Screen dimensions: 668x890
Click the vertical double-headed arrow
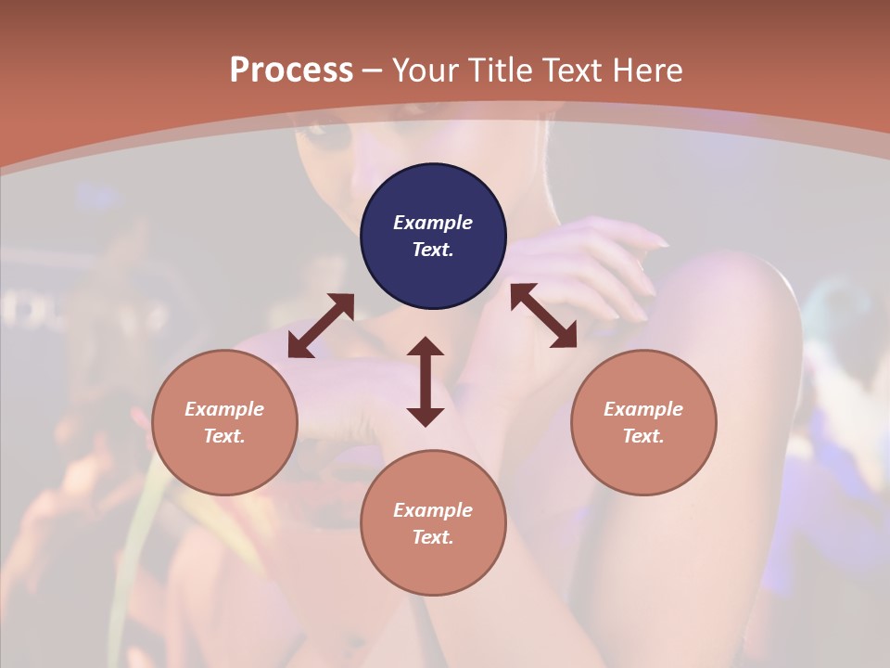click(x=426, y=381)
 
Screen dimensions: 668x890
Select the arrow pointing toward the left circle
click(x=321, y=326)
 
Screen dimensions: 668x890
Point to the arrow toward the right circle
click(x=543, y=316)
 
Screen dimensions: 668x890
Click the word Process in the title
click(x=291, y=71)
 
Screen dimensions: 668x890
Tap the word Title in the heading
click(x=499, y=71)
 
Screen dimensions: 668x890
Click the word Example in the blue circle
click(x=433, y=223)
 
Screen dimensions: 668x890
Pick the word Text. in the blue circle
click(x=433, y=250)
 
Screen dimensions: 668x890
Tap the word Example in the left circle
click(x=224, y=409)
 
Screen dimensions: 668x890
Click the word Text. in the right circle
click(x=643, y=436)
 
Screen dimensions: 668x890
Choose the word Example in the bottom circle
click(x=433, y=510)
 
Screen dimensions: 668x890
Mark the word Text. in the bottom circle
click(x=433, y=537)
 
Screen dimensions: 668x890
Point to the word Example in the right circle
click(x=643, y=409)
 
